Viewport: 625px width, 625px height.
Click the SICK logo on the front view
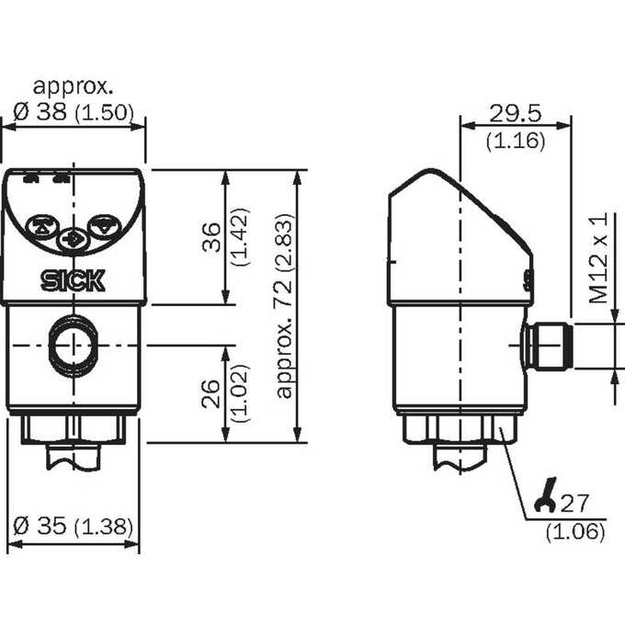click(x=73, y=280)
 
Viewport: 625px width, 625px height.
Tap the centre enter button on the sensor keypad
click(x=73, y=240)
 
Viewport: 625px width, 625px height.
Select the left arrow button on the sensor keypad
click(x=42, y=226)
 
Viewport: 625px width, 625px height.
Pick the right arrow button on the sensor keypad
click(x=104, y=226)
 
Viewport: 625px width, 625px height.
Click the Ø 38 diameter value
click(x=40, y=111)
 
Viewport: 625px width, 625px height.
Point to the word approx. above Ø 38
click(x=73, y=86)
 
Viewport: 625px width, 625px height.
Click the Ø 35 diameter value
click(x=39, y=526)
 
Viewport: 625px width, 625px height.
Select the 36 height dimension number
click(x=210, y=237)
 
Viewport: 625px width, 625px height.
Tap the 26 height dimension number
click(x=210, y=393)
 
